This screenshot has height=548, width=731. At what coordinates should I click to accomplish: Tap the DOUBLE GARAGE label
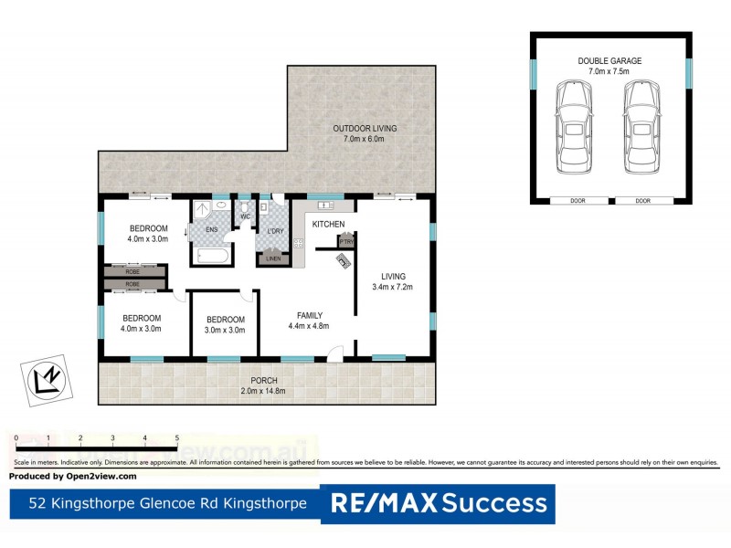[x=609, y=61]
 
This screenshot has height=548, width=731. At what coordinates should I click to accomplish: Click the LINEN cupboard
[x=274, y=259]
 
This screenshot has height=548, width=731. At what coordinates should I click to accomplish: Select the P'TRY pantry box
[x=346, y=241]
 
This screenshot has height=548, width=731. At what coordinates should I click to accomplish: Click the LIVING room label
[x=394, y=277]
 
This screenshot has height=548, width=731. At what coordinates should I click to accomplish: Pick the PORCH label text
[x=264, y=380]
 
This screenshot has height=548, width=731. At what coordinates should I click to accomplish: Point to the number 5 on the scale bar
[x=176, y=438]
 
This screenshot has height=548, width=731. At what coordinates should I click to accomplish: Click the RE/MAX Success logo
[x=439, y=503]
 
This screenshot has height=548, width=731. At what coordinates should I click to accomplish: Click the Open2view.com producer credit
[x=73, y=476]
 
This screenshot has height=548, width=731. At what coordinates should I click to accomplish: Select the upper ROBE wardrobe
[x=134, y=271]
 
